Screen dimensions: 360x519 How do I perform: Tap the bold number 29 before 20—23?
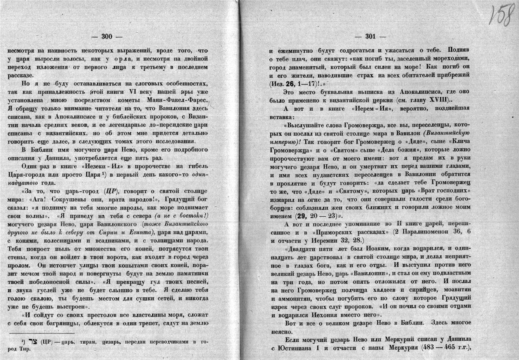tap(300, 216)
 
